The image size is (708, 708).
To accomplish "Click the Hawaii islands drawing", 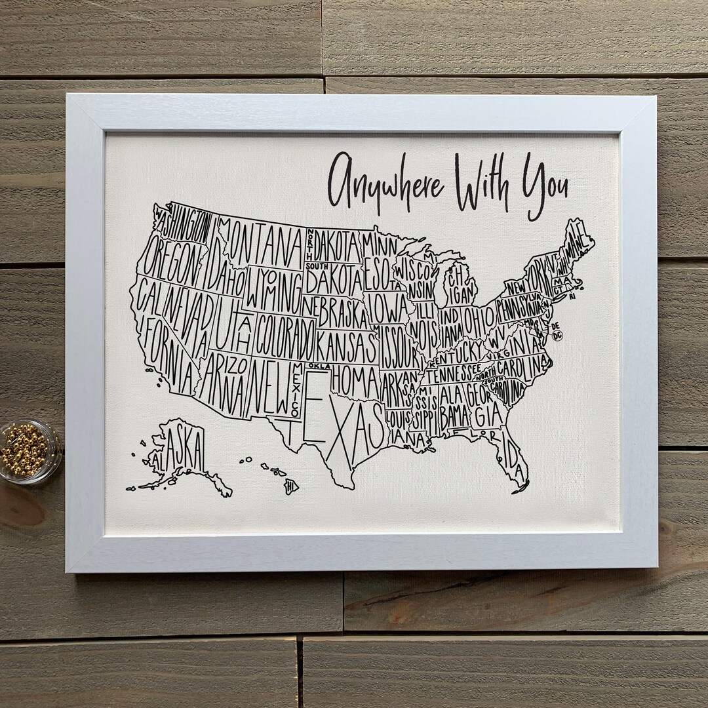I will [275, 475].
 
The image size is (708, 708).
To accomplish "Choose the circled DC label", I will [558, 336].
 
